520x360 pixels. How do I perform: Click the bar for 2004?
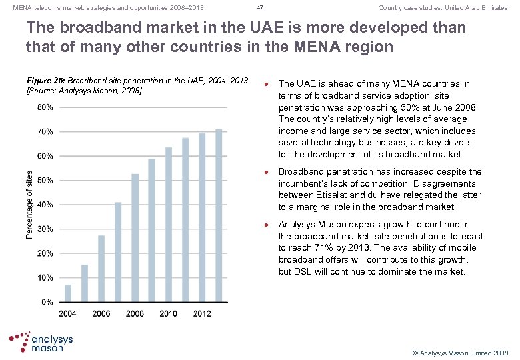(x=67, y=293)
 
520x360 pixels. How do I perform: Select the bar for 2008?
(x=135, y=238)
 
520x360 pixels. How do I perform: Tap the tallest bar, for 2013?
(x=219, y=215)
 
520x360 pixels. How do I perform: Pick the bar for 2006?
(x=101, y=268)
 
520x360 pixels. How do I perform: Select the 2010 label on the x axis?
(x=168, y=313)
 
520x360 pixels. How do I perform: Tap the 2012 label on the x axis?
(x=202, y=313)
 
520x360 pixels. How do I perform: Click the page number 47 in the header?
(x=260, y=8)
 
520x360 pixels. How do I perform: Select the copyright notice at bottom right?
(x=460, y=351)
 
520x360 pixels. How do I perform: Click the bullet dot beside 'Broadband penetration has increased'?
(x=267, y=173)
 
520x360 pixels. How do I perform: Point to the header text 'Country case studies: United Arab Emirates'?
(x=443, y=8)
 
